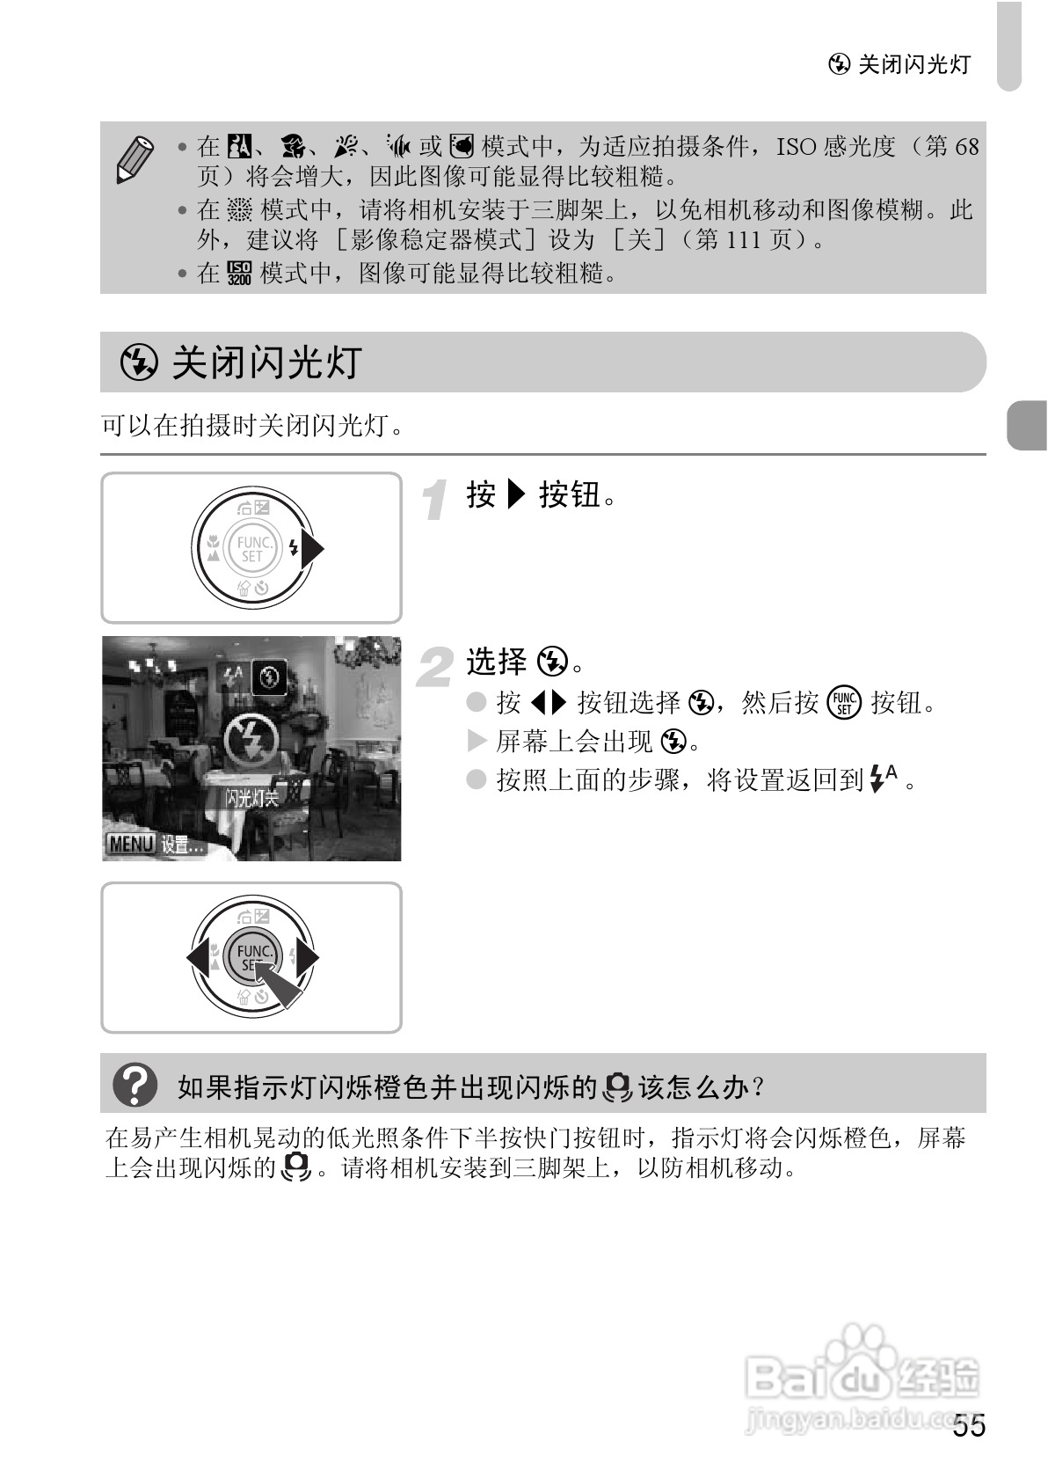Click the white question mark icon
[x=135, y=1086]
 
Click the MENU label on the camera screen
[x=129, y=845]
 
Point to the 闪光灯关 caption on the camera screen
[x=251, y=798]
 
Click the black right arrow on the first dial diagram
[x=313, y=549]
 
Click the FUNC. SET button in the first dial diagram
[x=251, y=549]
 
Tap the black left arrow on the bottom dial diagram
[x=199, y=957]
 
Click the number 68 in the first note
[x=966, y=146]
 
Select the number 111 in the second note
[x=746, y=239]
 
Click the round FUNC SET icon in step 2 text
[x=845, y=703]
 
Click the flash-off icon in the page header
[x=840, y=64]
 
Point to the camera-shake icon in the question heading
[x=618, y=1087]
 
